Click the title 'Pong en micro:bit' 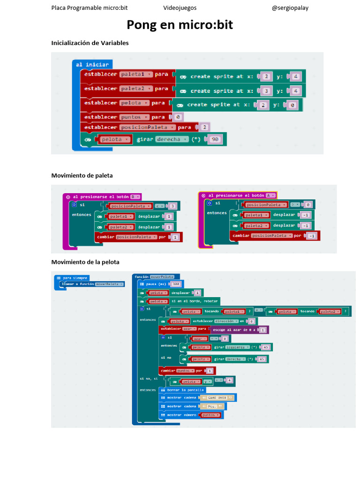pos(180,25)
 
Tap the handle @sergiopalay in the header pos(290,8)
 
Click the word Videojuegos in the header pos(180,8)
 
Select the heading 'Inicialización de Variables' pos(90,43)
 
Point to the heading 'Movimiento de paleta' pos(82,175)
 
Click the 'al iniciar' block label pos(92,64)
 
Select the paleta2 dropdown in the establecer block pos(136,89)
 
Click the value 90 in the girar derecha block pos(215,139)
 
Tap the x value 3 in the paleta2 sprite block pos(266,90)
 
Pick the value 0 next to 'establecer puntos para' pos(179,117)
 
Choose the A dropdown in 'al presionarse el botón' pos(270,195)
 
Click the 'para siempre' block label pos(75,278)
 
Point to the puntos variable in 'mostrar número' pos(210,415)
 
